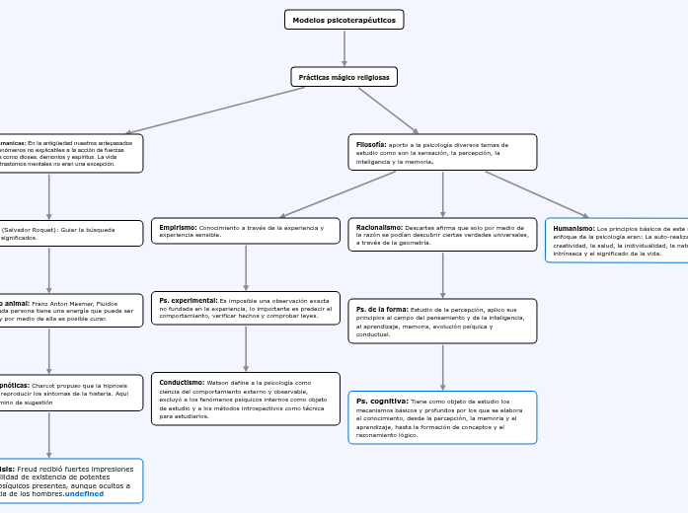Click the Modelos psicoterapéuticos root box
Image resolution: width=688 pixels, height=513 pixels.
[344, 20]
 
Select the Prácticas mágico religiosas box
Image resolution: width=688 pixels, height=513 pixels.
[344, 76]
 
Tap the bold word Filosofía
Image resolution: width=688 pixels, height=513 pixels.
[371, 144]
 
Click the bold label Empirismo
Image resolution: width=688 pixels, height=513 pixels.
[178, 227]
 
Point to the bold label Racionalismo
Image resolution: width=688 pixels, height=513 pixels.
[379, 227]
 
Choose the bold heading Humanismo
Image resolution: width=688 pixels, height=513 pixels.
[573, 228]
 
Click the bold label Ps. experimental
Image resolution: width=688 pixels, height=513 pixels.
[188, 300]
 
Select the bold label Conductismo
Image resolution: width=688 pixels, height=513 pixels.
[182, 382]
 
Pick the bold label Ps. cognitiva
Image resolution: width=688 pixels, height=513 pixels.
[382, 402]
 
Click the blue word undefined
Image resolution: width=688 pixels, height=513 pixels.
[84, 493]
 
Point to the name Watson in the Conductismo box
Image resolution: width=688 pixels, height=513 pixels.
[218, 382]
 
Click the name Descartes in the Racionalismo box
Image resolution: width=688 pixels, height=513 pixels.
[421, 227]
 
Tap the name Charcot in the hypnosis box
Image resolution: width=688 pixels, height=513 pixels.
[47, 385]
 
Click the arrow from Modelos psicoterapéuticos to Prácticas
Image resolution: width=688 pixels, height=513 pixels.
[344, 47]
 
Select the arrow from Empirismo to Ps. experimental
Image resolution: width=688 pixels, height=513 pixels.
[246, 266]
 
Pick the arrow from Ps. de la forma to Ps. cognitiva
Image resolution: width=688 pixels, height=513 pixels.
[442, 366]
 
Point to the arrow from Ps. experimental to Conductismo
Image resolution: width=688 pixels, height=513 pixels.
[246, 348]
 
